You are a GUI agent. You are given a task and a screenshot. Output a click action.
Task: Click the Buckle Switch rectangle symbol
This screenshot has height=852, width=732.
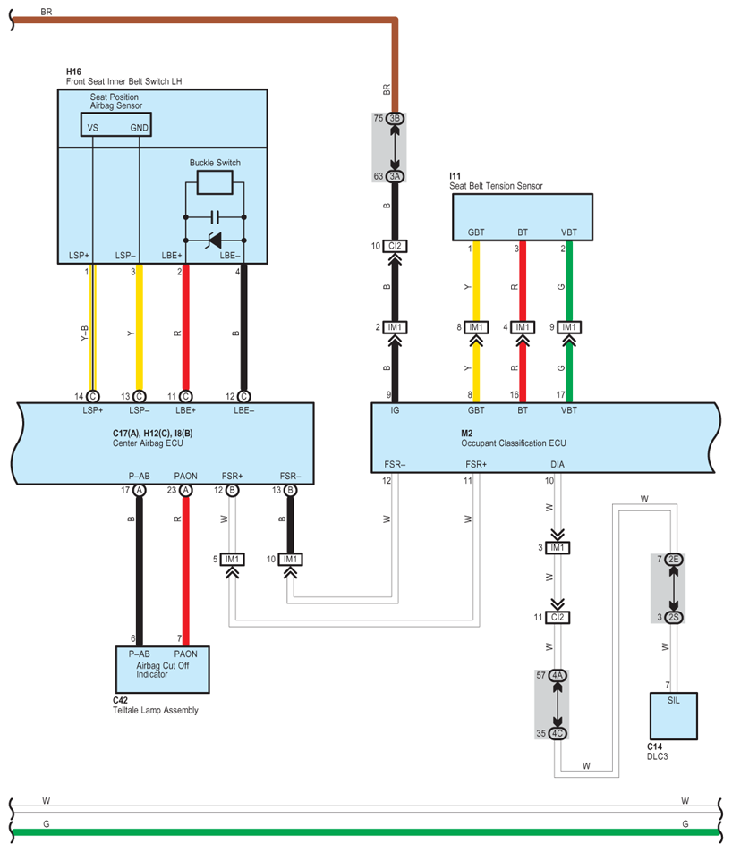pos(215,182)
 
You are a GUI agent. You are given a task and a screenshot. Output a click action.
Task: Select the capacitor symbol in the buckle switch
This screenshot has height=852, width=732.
pos(215,217)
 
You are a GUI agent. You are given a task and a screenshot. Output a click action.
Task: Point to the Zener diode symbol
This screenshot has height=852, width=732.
pos(214,240)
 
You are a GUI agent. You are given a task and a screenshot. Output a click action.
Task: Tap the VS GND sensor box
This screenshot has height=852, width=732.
pos(115,124)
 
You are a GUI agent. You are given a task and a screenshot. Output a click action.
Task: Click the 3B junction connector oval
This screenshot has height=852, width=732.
pos(395,118)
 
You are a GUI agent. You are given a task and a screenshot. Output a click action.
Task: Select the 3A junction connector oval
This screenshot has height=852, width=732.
pos(395,176)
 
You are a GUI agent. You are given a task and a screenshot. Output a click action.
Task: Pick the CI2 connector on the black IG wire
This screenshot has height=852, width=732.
pos(395,246)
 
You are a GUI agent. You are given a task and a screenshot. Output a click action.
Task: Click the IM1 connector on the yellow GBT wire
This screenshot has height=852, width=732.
pos(476,327)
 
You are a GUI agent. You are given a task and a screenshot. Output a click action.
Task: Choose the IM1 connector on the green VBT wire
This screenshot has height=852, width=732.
pos(569,327)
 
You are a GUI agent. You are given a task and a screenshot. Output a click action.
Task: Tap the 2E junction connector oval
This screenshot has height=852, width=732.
pos(674,559)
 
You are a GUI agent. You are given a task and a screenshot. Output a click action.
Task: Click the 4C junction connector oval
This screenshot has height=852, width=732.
pos(558,733)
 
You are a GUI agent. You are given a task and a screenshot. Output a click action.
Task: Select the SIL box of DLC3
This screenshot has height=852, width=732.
pos(674,715)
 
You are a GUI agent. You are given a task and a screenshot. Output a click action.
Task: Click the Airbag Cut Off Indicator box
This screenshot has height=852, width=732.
pos(163,670)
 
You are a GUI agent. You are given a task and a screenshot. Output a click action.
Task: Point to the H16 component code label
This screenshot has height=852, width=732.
pos(73,72)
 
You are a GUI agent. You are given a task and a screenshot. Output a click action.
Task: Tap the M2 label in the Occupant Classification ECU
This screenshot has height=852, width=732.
pos(466,433)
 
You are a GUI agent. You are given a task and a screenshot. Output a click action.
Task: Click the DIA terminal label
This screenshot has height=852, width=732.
pos(558,465)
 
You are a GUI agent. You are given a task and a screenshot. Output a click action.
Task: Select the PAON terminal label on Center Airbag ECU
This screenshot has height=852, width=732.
pos(185,476)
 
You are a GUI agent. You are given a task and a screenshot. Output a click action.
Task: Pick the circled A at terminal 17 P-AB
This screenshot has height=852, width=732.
pos(140,490)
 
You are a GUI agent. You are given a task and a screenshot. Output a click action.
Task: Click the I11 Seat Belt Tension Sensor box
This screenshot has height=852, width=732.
pos(523,217)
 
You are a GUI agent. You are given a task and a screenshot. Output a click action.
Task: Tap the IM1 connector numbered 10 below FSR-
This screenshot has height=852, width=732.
pos(291,559)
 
